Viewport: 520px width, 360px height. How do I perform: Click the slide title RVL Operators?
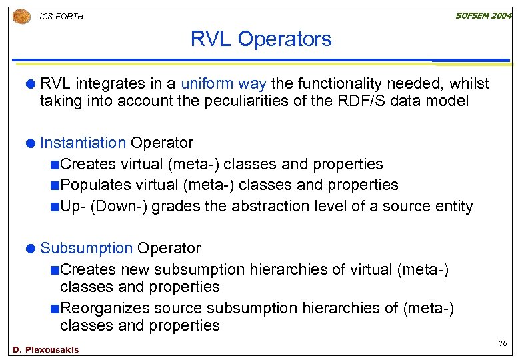point(261,39)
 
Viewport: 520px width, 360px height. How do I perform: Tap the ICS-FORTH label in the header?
point(61,17)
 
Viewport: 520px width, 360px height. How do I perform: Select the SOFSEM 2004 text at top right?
point(483,15)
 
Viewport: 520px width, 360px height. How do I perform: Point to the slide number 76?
point(502,343)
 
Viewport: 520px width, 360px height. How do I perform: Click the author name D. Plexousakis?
point(46,350)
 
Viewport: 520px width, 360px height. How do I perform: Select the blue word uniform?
point(207,84)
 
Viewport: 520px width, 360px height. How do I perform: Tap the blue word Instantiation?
point(83,143)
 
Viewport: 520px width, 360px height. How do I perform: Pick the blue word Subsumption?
point(86,248)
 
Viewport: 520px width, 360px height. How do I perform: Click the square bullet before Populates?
point(54,185)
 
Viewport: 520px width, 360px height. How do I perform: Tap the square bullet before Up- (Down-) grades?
point(54,207)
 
